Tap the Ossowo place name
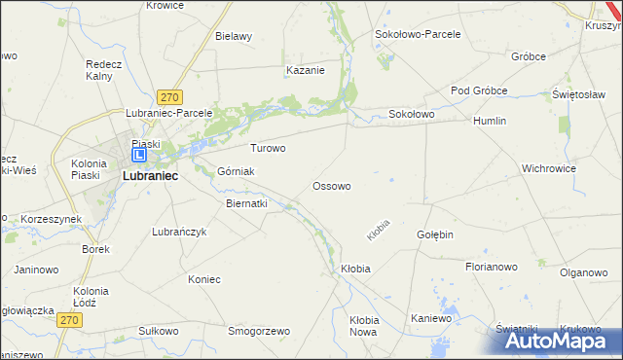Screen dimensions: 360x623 point(331,185)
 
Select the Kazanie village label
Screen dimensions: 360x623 point(305,70)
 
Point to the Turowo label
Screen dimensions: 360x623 point(268,149)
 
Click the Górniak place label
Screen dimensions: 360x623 point(236,171)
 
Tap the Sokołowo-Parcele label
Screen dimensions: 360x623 point(418,33)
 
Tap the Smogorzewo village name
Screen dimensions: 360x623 point(259,331)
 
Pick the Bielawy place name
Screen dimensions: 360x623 point(234,36)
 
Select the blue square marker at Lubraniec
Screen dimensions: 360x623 point(139,154)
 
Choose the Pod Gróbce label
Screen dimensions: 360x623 point(479,90)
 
